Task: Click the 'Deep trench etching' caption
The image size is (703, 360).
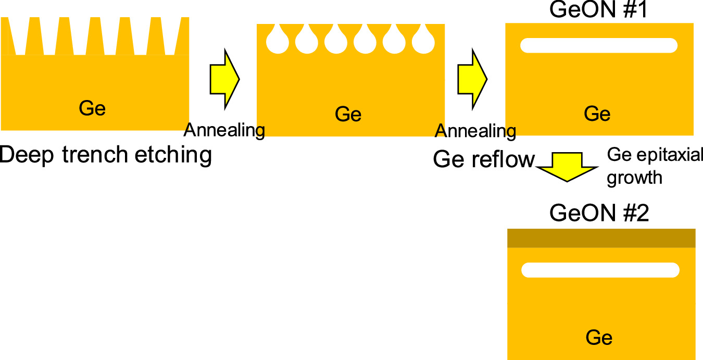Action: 106,155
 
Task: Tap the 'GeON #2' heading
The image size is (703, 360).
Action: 599,214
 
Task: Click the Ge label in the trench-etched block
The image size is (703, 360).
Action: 92,108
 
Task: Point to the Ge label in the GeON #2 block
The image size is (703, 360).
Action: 599,338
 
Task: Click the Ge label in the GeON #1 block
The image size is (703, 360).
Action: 597,114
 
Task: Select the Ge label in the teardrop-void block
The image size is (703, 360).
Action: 348,114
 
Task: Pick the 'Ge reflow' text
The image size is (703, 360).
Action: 484,160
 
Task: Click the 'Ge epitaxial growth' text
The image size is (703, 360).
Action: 655,166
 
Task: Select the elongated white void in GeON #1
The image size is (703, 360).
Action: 599,45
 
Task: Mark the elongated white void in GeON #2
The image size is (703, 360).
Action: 600,270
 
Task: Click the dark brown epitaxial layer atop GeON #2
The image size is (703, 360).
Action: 601,238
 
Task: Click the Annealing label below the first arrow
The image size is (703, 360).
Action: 225,130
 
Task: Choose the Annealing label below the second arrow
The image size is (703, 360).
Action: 475,131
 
